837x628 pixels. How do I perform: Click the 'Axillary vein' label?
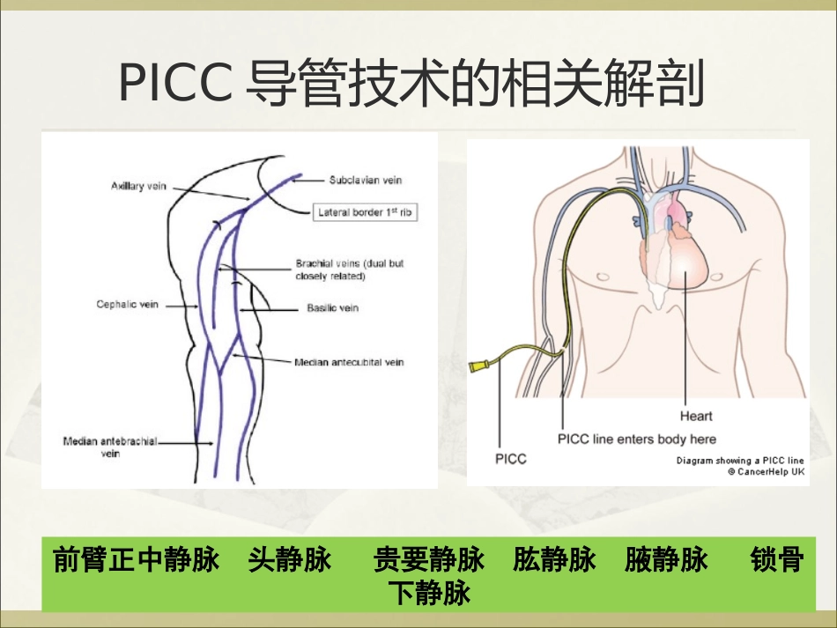pos(138,186)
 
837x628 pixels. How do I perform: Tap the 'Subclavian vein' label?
pos(365,181)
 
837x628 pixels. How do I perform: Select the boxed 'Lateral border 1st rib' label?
pos(365,212)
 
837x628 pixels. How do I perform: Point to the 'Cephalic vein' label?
pos(128,305)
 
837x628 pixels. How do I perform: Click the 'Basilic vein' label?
pos(332,308)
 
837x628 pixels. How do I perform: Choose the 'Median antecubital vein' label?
pos(349,362)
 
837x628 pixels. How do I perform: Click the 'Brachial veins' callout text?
pos(350,269)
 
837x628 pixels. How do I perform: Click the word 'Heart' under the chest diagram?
pos(695,416)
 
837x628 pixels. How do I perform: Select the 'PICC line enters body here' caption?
pos(637,439)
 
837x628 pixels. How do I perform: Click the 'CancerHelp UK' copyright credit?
pos(765,471)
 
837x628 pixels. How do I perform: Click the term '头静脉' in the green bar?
pos(290,560)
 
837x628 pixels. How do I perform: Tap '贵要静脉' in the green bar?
pos(429,560)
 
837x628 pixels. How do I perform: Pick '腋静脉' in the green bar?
pos(666,560)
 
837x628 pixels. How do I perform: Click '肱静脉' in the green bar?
pos(554,560)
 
